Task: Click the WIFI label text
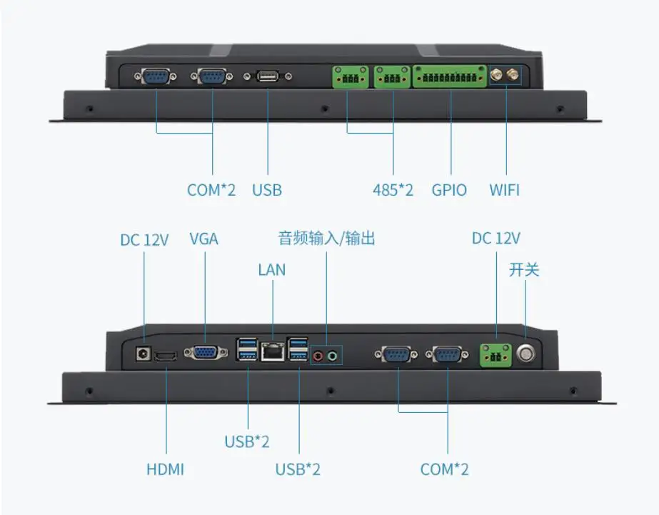[504, 190]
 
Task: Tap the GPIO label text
[449, 190]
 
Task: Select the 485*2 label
[393, 190]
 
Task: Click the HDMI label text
[165, 469]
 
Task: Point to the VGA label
[203, 239]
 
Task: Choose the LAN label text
[271, 269]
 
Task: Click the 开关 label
[524, 270]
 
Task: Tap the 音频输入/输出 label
[326, 239]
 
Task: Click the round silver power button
[526, 353]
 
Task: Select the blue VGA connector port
[204, 352]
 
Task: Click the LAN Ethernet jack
[272, 351]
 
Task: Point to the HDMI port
[166, 356]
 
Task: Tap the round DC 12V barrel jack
[144, 353]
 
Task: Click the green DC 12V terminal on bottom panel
[496, 353]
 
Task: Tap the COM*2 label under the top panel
[211, 190]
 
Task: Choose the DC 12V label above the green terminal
[496, 239]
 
